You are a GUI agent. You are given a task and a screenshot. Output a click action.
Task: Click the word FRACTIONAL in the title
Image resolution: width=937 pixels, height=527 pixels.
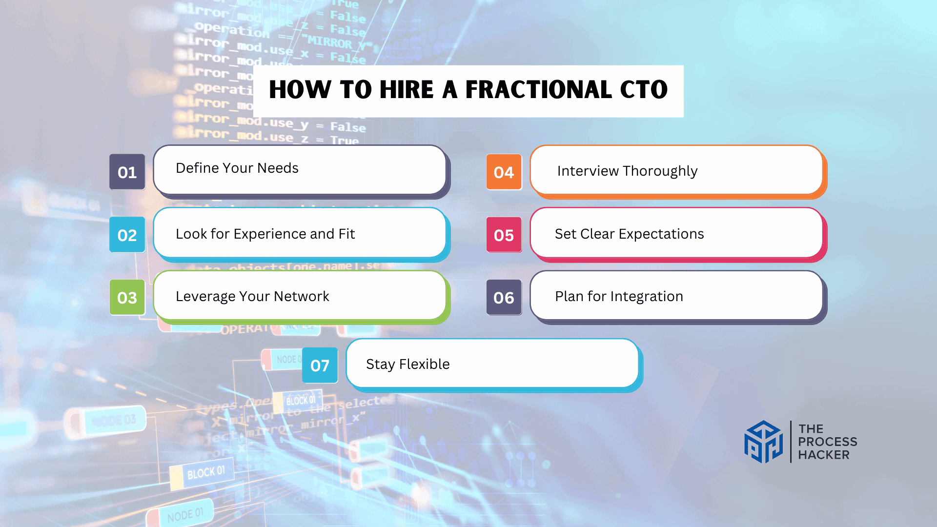coord(538,90)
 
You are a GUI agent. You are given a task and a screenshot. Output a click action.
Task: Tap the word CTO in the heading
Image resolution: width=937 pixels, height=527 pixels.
coord(643,90)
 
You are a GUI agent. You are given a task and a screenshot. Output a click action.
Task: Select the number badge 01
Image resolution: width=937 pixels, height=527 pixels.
coord(127,172)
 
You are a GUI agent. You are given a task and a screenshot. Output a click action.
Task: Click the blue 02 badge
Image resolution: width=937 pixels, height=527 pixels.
coord(127,235)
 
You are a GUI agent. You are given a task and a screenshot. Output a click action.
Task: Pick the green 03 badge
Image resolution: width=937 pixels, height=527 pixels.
coord(127,297)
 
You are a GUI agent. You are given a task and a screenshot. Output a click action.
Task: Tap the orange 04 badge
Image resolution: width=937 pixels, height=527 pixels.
coord(504,172)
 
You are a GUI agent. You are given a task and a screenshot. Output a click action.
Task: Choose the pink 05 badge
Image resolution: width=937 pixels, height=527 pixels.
coord(504,235)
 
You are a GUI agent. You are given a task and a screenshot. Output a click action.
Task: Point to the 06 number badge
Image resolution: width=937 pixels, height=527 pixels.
coord(504,297)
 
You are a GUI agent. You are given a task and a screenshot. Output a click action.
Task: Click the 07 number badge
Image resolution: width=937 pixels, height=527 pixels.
coord(320,365)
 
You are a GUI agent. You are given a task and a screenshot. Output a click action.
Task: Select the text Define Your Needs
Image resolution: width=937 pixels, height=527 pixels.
coord(237,168)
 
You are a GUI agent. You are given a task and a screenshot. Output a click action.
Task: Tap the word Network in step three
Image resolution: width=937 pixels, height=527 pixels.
coord(302,296)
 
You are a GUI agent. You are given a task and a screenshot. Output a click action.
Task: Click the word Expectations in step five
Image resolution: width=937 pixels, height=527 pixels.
coord(661,234)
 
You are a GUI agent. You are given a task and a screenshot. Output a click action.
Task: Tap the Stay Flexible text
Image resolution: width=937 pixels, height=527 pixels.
coord(407,364)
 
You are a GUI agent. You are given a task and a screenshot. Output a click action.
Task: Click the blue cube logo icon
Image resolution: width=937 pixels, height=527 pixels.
coord(763,442)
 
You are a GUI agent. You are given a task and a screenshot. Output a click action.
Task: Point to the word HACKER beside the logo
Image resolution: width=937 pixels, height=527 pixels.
coord(824,455)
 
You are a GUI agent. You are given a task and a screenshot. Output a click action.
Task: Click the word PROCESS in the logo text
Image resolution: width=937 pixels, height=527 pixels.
coord(828,442)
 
